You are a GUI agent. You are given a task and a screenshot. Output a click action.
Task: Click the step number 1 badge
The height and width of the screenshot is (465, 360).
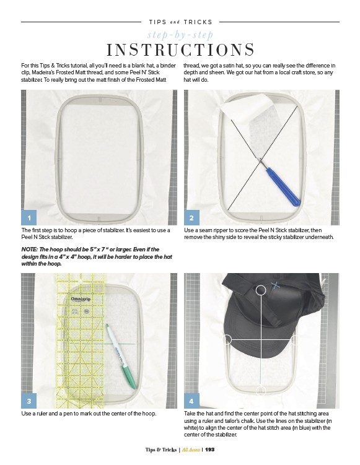[29, 218]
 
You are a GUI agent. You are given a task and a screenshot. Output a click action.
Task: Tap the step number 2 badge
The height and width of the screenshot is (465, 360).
[191, 218]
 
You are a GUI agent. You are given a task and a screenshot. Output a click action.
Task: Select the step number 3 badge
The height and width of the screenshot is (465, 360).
[29, 401]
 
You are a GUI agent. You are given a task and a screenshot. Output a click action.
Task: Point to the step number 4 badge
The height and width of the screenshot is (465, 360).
[191, 401]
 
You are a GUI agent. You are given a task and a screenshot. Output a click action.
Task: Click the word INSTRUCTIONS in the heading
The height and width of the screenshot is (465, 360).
[180, 50]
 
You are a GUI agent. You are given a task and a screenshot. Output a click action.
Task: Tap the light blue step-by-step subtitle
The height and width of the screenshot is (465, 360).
[180, 35]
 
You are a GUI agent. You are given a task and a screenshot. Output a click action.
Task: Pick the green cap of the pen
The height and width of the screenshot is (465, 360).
[129, 373]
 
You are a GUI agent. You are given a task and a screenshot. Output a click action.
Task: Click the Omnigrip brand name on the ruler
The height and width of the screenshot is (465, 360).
[81, 298]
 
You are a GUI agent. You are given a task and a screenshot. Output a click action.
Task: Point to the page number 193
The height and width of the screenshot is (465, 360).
[209, 450]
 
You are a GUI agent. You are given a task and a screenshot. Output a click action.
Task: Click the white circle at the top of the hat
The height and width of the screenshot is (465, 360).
[261, 290]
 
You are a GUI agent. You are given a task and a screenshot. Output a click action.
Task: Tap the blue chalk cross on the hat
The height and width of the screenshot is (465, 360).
[275, 285]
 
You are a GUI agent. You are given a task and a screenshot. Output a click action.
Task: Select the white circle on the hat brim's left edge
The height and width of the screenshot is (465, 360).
[227, 339]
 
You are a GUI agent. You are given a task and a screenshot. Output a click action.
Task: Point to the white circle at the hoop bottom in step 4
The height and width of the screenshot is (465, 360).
[261, 391]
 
